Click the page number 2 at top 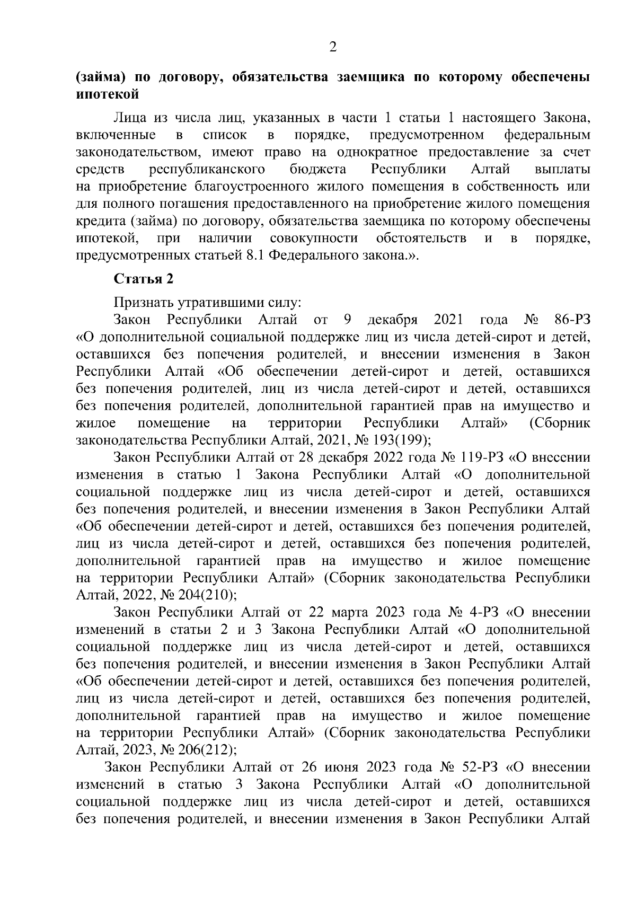coord(333,48)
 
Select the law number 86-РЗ coord(571,320)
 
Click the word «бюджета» coord(317,170)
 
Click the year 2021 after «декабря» coord(448,320)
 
